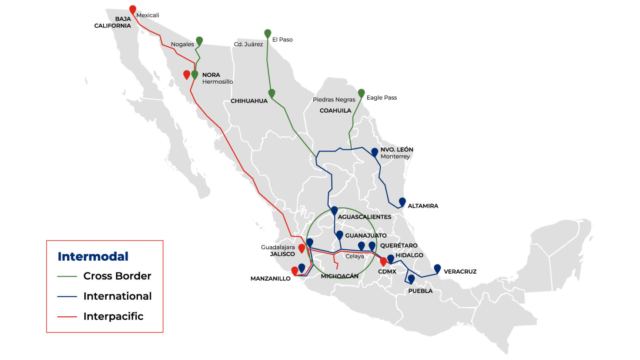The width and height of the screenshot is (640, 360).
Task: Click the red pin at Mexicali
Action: (x=133, y=9)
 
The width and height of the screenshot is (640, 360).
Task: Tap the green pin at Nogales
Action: (x=199, y=41)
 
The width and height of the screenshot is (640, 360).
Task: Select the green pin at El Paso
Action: (x=267, y=33)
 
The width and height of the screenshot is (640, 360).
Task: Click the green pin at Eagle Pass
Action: (x=361, y=93)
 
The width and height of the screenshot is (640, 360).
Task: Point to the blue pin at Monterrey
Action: (x=374, y=151)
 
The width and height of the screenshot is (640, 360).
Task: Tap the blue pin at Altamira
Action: (x=402, y=201)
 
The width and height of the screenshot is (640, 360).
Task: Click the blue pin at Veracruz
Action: (x=437, y=268)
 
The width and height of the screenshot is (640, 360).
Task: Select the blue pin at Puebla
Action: (x=411, y=278)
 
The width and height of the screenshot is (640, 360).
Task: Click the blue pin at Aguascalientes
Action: (x=334, y=210)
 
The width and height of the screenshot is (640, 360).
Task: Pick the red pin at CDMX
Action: (x=383, y=261)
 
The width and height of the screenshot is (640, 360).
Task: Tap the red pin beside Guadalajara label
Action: (x=301, y=248)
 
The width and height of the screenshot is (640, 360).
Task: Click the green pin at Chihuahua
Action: (x=271, y=93)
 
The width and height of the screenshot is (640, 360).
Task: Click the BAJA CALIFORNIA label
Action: (x=113, y=22)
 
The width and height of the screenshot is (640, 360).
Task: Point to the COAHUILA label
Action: (x=335, y=110)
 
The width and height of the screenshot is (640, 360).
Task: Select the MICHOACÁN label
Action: (x=339, y=276)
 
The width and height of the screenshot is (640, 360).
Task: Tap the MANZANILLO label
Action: (x=270, y=279)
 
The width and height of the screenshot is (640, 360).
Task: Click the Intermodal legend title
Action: (x=93, y=256)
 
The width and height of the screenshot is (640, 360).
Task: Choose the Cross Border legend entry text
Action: (x=117, y=276)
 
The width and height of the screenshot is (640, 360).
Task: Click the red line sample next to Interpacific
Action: (x=67, y=317)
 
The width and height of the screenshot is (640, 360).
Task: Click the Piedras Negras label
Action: (x=334, y=100)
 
